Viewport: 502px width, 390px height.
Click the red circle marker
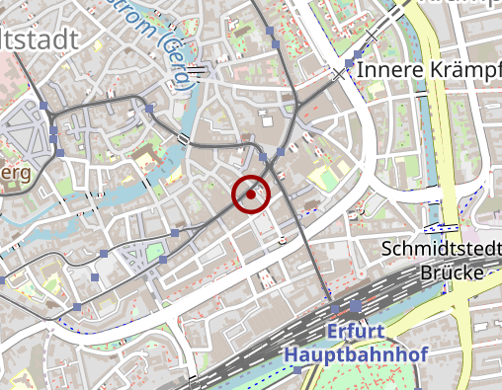pos(251,195)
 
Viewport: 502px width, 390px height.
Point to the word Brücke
pos(452,272)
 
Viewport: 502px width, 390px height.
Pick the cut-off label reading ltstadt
pos(44,40)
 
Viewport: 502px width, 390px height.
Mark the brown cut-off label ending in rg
pos(17,173)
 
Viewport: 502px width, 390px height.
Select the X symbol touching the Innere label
pos(341,74)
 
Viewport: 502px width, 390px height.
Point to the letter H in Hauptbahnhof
pos(291,352)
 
